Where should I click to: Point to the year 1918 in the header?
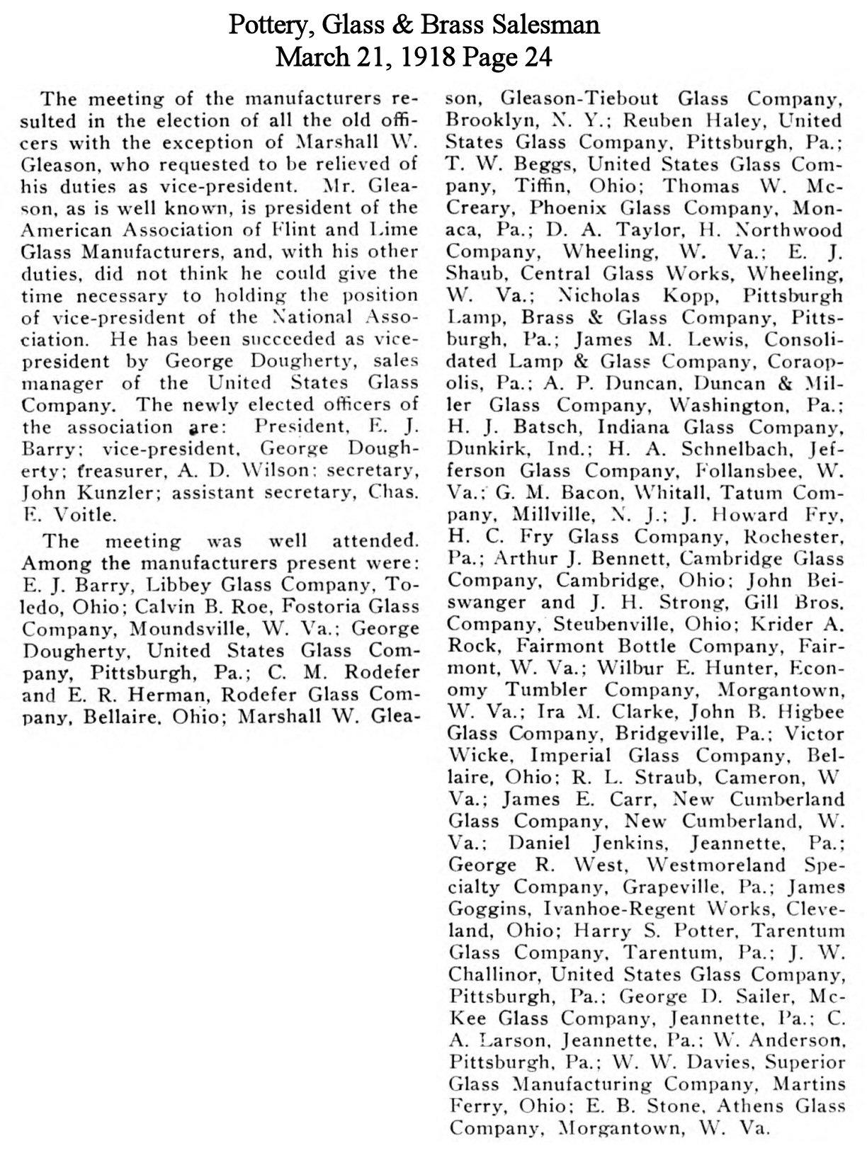click(x=427, y=57)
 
